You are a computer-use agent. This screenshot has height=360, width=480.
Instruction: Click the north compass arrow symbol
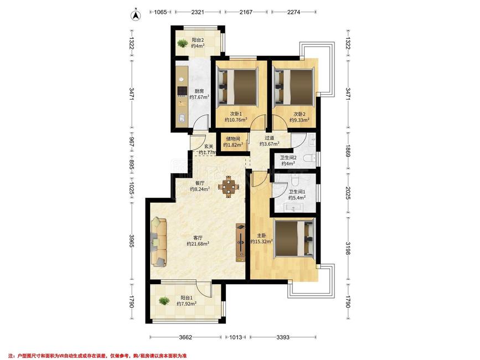(x=136, y=16)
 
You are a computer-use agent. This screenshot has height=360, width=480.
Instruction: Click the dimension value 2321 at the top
(x=198, y=12)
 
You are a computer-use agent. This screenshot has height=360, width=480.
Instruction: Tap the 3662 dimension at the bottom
(x=185, y=337)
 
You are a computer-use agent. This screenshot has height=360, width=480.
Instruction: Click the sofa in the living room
(x=159, y=241)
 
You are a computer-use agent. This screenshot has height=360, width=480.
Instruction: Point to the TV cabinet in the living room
(x=241, y=243)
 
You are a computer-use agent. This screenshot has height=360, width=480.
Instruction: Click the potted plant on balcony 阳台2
(x=183, y=43)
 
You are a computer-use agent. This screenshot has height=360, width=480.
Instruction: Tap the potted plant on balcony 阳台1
(x=164, y=301)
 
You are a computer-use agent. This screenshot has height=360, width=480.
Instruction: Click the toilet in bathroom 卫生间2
(x=310, y=158)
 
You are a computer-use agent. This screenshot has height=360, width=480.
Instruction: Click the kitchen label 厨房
(x=199, y=91)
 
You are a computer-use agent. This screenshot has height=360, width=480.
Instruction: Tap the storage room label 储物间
(x=233, y=139)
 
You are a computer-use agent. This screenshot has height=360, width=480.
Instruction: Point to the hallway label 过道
(x=270, y=138)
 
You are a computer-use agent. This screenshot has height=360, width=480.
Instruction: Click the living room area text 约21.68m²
(x=198, y=244)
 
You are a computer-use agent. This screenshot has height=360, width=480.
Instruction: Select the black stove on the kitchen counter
(x=182, y=91)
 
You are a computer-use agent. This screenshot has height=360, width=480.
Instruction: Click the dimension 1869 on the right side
(x=348, y=151)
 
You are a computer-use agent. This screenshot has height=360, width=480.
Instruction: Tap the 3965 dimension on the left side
(x=132, y=241)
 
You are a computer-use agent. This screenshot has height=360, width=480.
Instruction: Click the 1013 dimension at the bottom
(x=236, y=337)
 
